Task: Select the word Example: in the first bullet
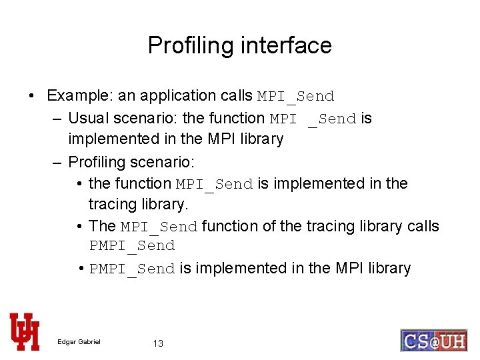(x=80, y=96)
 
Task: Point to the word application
(x=175, y=96)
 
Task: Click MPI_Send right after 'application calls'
(x=295, y=97)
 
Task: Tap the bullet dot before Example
(x=32, y=96)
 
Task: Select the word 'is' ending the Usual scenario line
(x=366, y=119)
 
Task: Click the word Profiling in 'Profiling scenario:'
(x=97, y=162)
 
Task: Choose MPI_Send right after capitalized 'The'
(x=159, y=227)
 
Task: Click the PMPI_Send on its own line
(x=132, y=246)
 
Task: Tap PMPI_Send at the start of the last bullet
(x=132, y=269)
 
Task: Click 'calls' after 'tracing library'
(x=423, y=226)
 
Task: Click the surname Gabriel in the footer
(x=89, y=342)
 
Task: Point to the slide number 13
(x=158, y=343)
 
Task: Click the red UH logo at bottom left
(x=25, y=331)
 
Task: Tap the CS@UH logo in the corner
(x=433, y=340)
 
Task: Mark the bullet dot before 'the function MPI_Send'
(x=79, y=184)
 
